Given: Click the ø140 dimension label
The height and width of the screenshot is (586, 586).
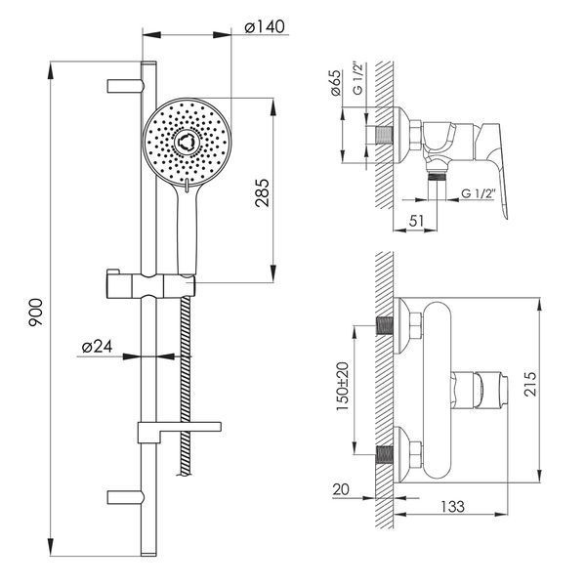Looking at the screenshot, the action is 265,27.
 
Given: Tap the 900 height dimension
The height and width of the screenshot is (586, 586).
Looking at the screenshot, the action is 36,313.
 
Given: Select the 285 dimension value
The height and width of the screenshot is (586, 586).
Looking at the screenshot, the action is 262,192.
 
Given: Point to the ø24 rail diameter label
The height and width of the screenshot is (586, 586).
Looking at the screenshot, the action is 97,347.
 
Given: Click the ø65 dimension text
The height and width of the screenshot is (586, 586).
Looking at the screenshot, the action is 336,83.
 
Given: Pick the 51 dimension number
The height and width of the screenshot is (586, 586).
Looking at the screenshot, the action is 416,221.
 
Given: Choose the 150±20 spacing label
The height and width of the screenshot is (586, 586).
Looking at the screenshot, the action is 343,387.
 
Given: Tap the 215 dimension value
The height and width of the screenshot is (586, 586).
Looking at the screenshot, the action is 530,384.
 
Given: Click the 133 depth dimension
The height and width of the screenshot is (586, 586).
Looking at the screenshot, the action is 452,507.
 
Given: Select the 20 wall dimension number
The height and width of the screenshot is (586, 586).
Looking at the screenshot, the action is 341,489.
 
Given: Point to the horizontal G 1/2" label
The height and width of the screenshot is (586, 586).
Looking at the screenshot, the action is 479,193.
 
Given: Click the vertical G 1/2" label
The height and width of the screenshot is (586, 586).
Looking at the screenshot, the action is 357,79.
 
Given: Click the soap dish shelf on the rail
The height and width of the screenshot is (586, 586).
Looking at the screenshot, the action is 180,432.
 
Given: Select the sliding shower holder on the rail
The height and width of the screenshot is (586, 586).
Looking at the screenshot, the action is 150,284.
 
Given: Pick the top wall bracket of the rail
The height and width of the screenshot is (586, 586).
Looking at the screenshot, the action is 125,86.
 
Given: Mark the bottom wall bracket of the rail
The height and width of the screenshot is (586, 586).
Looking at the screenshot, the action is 125,497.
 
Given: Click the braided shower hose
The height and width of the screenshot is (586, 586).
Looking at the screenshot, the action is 186,386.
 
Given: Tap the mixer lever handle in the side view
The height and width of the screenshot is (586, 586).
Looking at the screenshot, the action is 492,164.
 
